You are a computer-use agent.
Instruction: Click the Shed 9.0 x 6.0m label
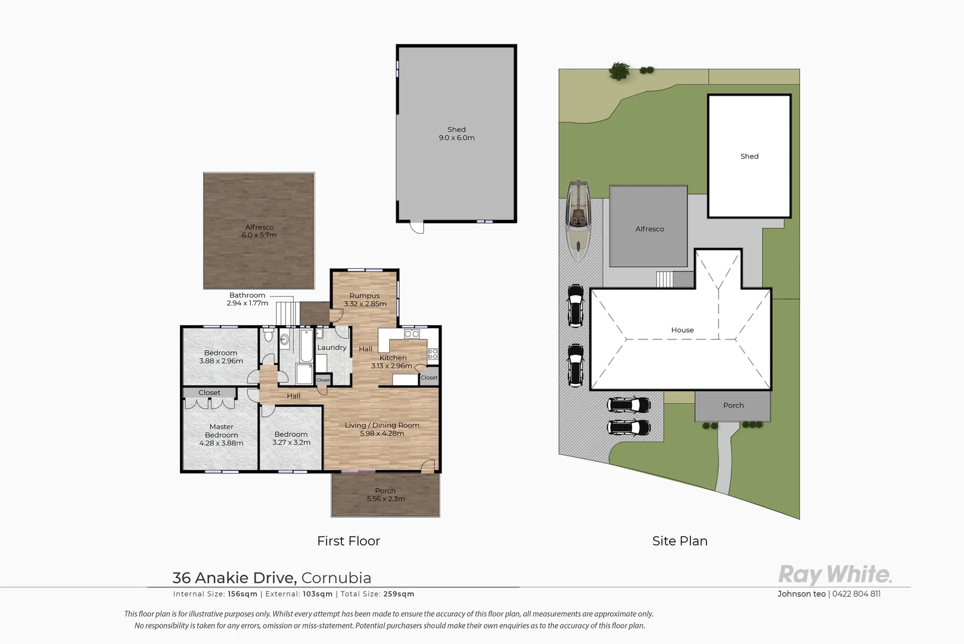[x=456, y=134]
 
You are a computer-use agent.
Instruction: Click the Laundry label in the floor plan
[x=331, y=348]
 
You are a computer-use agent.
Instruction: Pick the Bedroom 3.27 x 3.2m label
[x=291, y=438]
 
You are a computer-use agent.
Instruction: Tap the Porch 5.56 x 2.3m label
[x=385, y=495]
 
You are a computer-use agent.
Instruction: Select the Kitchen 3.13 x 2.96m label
[x=392, y=362]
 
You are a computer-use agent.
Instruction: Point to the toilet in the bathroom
[x=268, y=337]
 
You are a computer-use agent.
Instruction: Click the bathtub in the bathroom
[x=306, y=346]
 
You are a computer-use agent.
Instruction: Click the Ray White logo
[x=835, y=575]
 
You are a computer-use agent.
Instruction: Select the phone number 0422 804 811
[x=856, y=594]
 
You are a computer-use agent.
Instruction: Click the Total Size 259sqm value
[x=398, y=594]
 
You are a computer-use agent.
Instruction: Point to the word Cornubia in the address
[x=336, y=578]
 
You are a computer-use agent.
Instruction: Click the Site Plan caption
[x=680, y=541]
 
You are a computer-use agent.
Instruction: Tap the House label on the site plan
[x=682, y=330]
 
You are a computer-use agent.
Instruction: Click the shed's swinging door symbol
[x=417, y=228]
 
